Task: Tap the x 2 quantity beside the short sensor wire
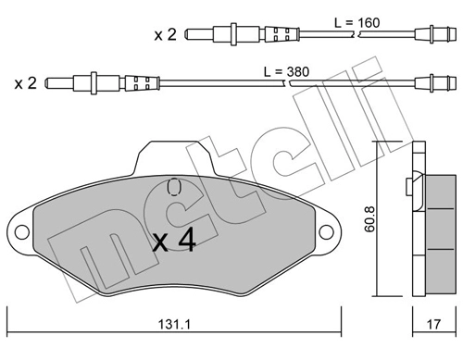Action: pos(167,36)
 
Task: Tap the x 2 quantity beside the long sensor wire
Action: pos(26,81)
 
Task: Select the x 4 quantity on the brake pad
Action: pos(173,242)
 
